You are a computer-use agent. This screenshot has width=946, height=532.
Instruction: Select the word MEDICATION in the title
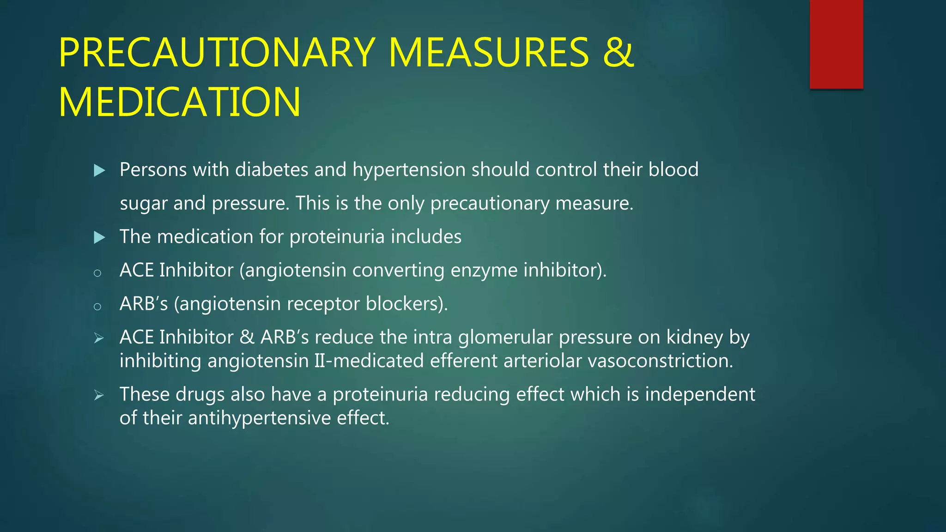click(180, 102)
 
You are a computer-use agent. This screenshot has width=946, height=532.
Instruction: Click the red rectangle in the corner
click(836, 44)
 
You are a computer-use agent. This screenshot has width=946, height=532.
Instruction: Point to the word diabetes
click(272, 170)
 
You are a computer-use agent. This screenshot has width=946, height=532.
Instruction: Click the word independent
click(700, 394)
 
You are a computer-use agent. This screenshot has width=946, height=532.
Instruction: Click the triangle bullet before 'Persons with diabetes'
click(99, 171)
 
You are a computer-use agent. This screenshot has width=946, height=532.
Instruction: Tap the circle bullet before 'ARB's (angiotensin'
click(97, 306)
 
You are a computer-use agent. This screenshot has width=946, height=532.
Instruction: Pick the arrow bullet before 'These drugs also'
click(99, 395)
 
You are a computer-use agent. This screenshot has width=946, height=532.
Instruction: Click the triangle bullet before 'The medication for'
click(99, 238)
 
